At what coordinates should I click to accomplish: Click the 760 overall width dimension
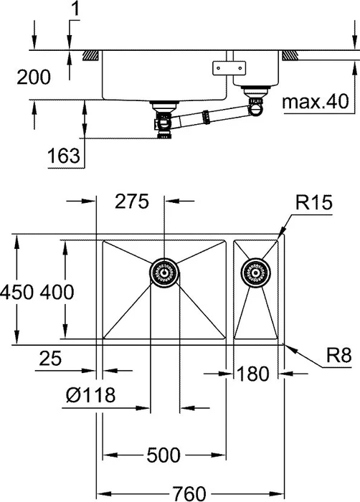pos(189,493)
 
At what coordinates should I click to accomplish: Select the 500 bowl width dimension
pos(164,455)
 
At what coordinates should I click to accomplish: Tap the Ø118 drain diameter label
pos(90,394)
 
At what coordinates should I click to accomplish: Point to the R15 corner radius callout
pos(313,203)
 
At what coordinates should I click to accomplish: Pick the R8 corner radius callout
pos(339,356)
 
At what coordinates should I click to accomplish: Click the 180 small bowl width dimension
pos(252,374)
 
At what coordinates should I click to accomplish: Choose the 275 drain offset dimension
pos(132,202)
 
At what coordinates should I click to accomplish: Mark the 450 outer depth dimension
pos(16,293)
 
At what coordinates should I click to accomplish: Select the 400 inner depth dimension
pos(57,293)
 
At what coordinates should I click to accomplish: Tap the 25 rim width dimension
pos(50,359)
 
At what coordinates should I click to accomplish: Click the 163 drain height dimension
pos(63,156)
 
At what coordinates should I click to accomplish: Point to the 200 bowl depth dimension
pos(34,77)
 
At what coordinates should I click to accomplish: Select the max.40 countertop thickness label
pos(315,102)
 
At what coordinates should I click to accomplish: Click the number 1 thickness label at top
pos(75,9)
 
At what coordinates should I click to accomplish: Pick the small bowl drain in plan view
pos(255,273)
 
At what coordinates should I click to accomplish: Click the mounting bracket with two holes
pos(229,68)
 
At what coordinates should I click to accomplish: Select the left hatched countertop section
pos(90,56)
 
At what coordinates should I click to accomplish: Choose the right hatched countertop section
pos(290,56)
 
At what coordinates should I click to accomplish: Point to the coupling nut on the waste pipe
pos(207,116)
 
